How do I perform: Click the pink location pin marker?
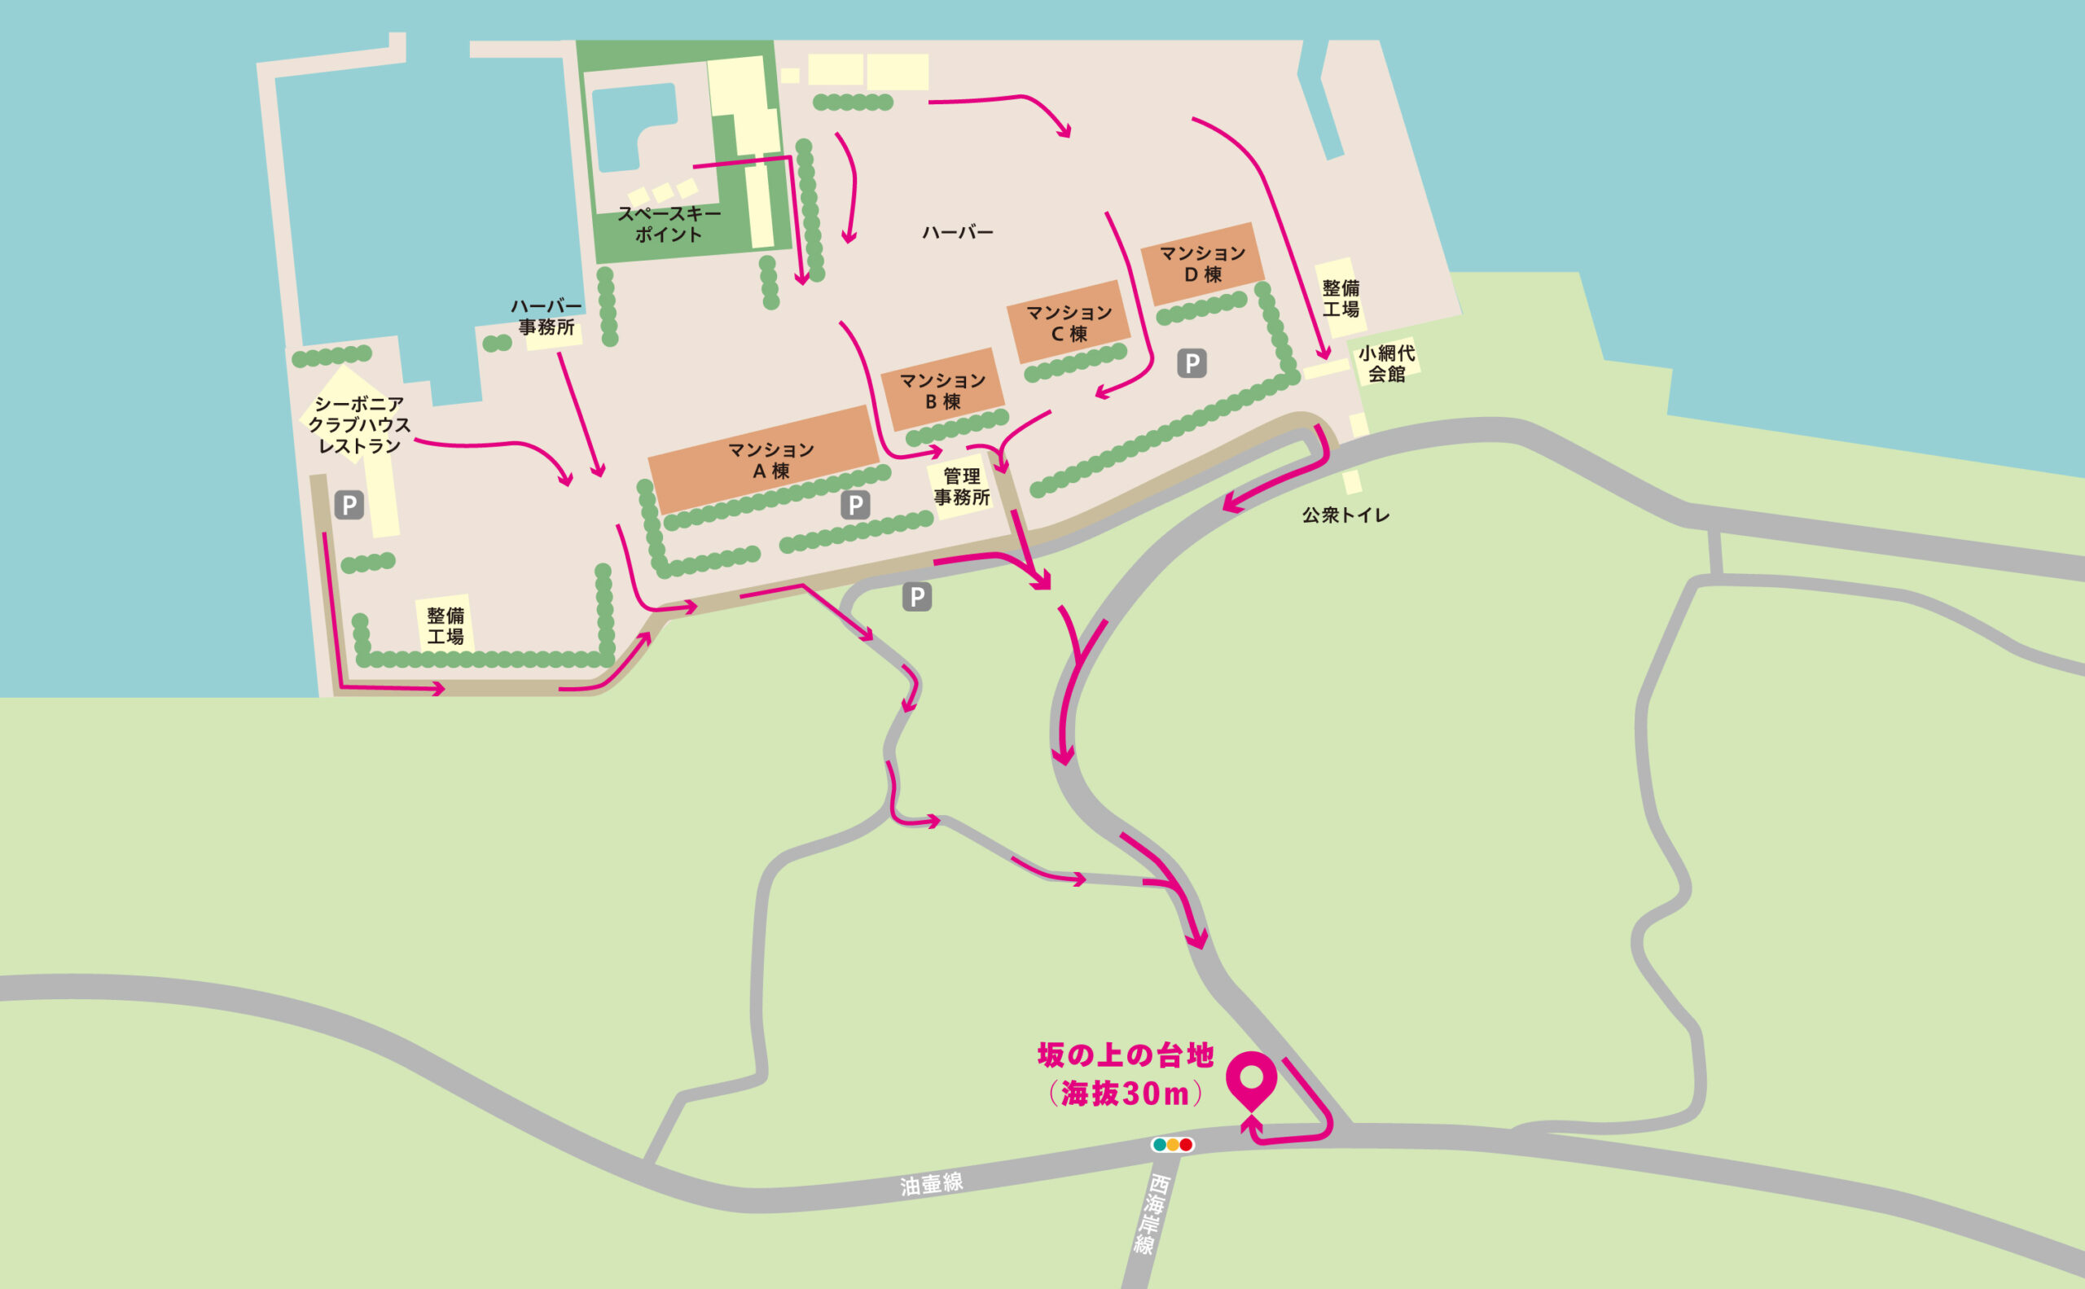click(1251, 1078)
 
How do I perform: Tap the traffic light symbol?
click(1173, 1145)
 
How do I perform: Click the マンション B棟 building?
click(942, 391)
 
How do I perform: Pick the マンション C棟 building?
click(1069, 323)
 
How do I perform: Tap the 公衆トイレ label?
click(1345, 515)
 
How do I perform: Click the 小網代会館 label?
click(1385, 363)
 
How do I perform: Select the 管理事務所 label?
click(962, 486)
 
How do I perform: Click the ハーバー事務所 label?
click(546, 316)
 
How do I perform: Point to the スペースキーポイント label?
click(669, 223)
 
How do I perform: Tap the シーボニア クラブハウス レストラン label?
click(359, 424)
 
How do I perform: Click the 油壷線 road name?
click(931, 1184)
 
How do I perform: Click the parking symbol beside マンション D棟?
click(1192, 364)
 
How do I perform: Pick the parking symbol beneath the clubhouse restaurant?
click(349, 506)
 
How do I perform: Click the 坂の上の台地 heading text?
click(1125, 1056)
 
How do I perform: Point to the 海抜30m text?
click(1125, 1094)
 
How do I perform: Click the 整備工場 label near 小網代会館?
click(1341, 298)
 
